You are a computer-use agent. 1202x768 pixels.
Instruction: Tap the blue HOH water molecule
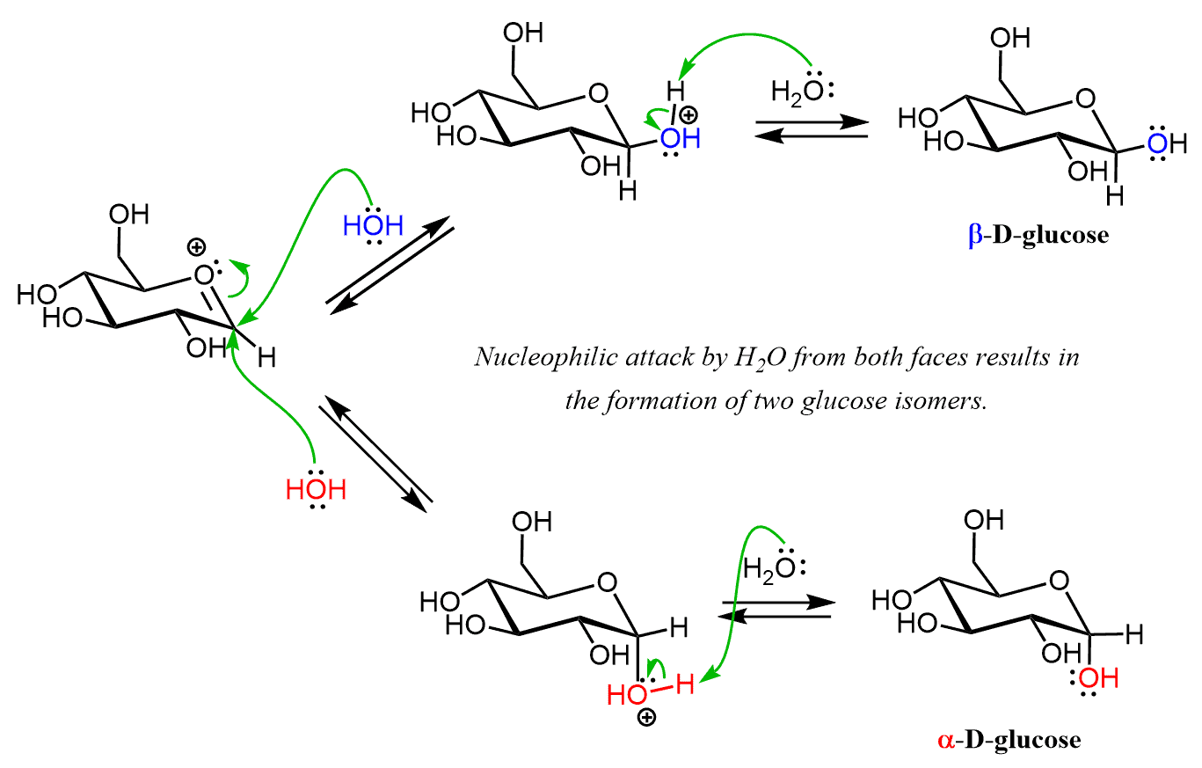click(373, 226)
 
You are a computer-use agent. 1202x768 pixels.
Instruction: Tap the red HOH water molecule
click(317, 489)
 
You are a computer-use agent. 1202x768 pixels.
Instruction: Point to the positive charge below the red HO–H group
click(646, 719)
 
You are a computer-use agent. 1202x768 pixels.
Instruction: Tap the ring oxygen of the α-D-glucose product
click(1060, 581)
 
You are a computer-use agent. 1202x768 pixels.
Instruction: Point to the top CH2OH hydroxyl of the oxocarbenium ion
click(129, 215)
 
